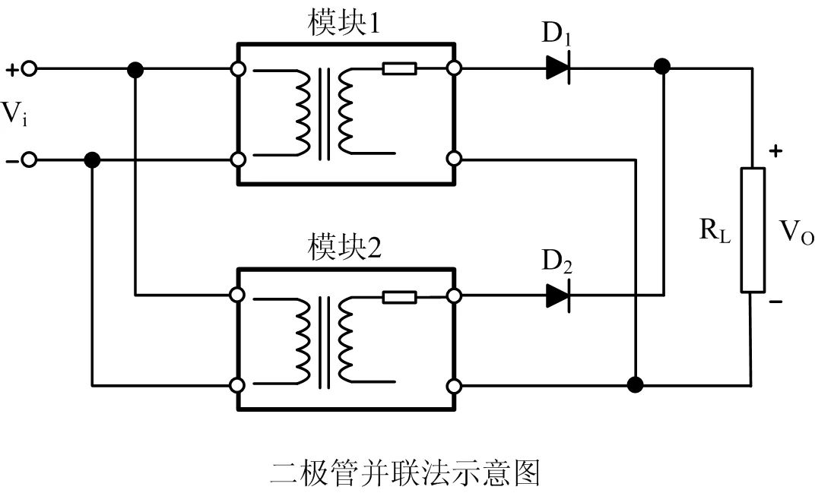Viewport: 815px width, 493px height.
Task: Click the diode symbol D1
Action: tap(558, 68)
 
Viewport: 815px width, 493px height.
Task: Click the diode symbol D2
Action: tap(558, 296)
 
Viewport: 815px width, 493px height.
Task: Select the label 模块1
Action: tap(344, 24)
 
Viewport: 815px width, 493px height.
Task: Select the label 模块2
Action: tap(344, 248)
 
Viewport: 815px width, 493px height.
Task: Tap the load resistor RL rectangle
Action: tap(752, 229)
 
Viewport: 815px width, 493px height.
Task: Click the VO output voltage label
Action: tap(797, 232)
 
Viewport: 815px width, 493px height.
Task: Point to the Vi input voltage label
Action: tap(14, 113)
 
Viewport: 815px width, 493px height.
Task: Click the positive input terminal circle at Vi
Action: tap(30, 68)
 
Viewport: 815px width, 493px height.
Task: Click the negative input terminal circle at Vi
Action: tap(30, 160)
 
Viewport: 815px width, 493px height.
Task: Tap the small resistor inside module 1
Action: tap(399, 68)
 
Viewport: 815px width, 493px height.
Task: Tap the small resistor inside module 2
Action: tap(399, 297)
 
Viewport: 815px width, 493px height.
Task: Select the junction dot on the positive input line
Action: tap(135, 69)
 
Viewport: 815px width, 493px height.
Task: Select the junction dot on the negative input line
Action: tap(92, 160)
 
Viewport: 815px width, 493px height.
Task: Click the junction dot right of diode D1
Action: tap(662, 67)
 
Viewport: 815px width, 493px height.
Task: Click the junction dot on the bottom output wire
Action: tap(635, 385)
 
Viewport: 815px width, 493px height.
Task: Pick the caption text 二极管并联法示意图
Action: tap(405, 472)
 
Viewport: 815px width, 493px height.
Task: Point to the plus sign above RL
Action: tap(775, 151)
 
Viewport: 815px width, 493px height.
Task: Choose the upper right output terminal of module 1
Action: tap(455, 68)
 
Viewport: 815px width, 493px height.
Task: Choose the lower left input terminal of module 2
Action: tap(237, 386)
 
